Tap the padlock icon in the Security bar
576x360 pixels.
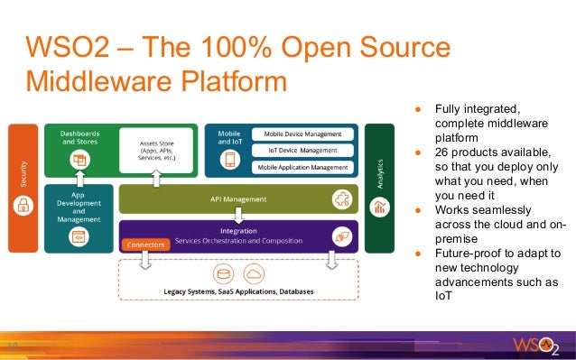(20, 207)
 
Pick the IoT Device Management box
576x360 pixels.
(301, 150)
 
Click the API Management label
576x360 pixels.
(239, 199)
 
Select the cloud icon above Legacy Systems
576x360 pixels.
(254, 272)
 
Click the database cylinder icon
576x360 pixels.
(222, 272)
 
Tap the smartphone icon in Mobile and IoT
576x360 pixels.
(229, 160)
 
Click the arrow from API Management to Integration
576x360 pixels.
(238, 215)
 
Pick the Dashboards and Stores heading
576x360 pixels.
(79, 138)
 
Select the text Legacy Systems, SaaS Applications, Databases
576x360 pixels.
(238, 291)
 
